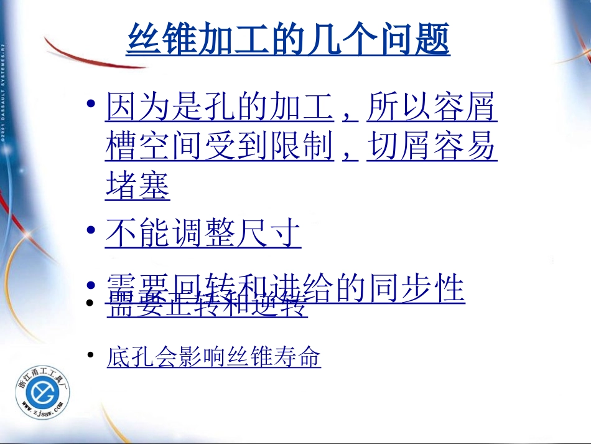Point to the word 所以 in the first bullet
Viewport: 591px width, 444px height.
coord(399,107)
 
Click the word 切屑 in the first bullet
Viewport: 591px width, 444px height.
coord(399,147)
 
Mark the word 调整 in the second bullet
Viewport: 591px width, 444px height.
coord(203,234)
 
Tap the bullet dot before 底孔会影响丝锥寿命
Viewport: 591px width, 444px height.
coord(91,356)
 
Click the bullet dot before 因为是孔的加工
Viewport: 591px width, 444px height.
coord(91,103)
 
